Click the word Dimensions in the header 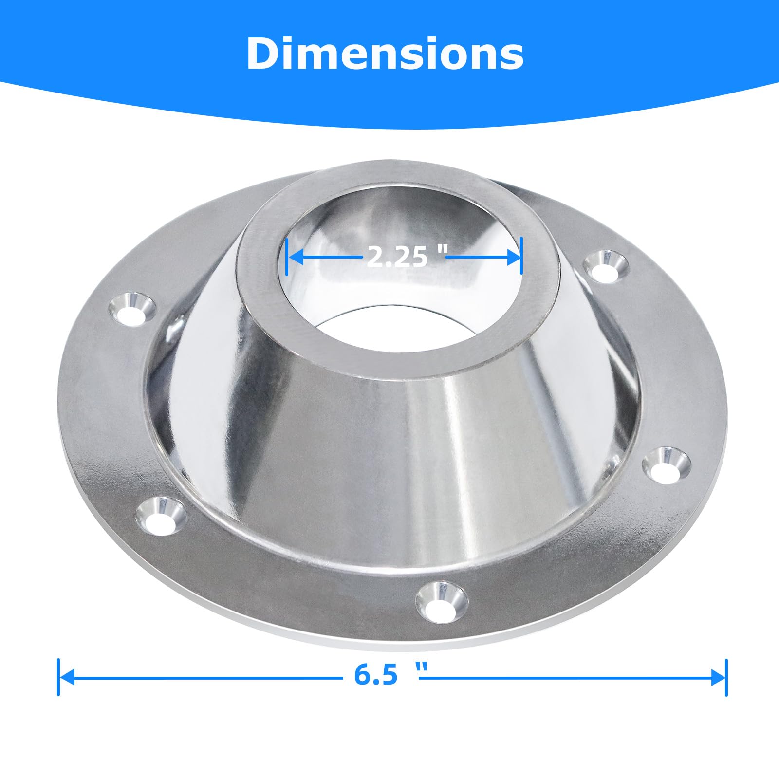click(385, 54)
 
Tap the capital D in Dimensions click(265, 54)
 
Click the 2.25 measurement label click(396, 257)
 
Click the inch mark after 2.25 click(442, 249)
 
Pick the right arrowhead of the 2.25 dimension click(514, 257)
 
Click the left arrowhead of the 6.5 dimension click(67, 677)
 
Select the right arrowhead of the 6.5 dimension click(718, 677)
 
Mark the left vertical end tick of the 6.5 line click(58, 677)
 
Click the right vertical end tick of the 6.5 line click(726, 677)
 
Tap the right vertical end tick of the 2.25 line click(521, 256)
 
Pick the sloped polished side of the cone click(380, 463)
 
